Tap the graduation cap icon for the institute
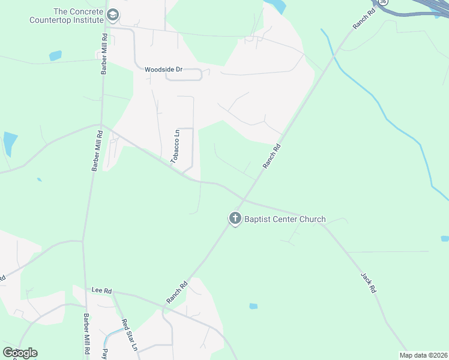(112, 15)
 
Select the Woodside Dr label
(163, 70)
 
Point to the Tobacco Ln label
(176, 147)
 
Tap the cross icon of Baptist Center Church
(235, 218)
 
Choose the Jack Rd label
(368, 283)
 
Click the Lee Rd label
(102, 290)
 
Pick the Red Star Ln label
(130, 335)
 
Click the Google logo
(20, 353)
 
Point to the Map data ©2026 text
(424, 355)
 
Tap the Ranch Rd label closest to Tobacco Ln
(272, 156)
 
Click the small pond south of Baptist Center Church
(253, 306)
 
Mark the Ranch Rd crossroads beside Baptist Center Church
(244, 198)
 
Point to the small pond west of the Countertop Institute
(55, 56)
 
